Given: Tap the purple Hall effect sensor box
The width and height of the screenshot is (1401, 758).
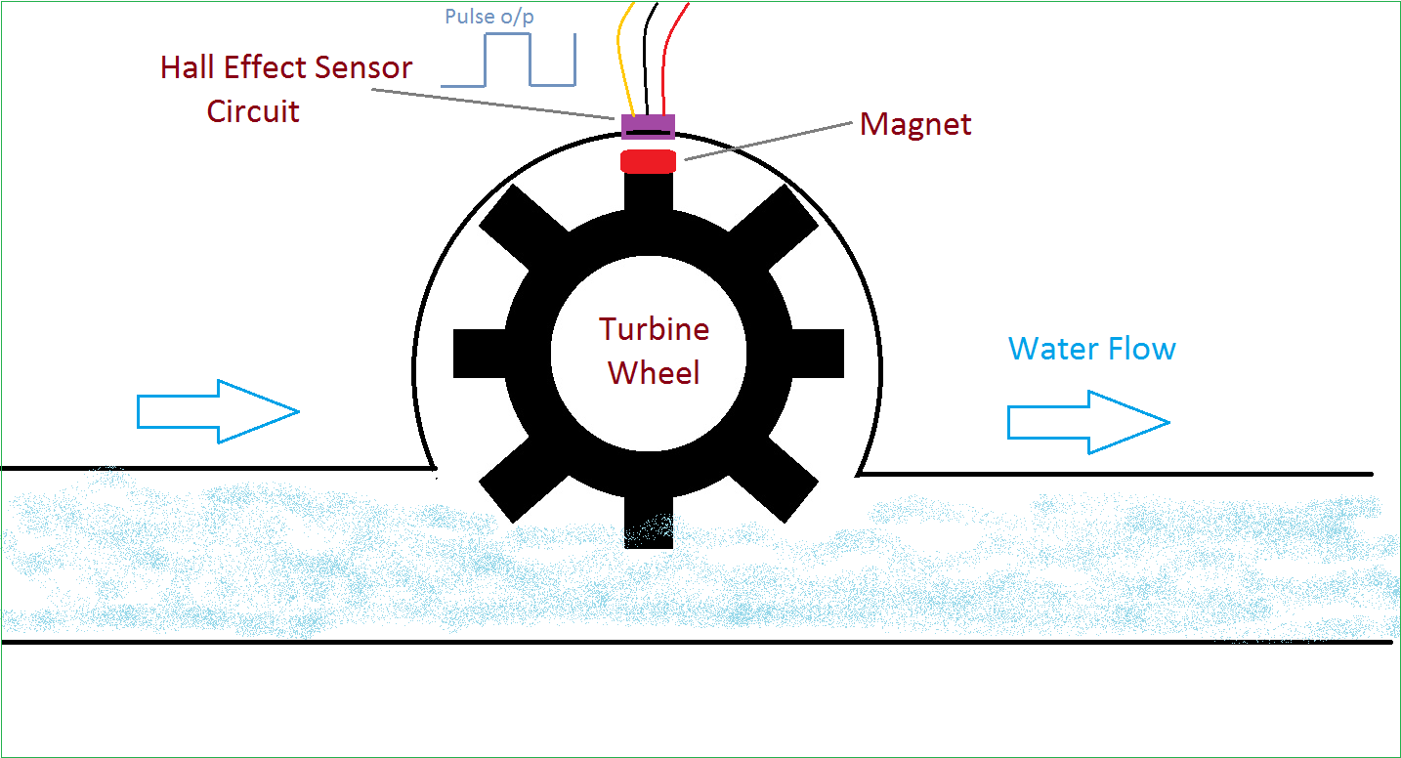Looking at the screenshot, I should [x=648, y=127].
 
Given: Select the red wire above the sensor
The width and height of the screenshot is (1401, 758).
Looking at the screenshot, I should [x=671, y=59].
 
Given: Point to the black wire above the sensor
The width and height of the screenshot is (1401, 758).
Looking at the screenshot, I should [x=646, y=59].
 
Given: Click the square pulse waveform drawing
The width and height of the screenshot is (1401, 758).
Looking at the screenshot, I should [x=508, y=62].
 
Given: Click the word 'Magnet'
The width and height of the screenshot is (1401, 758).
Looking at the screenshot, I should [x=915, y=125].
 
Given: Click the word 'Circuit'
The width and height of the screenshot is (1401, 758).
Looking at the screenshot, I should [x=253, y=110].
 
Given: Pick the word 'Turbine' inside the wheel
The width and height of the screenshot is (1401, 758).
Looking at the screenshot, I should [x=655, y=329].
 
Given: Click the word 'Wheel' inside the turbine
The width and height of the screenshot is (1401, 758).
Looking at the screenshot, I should [x=654, y=372].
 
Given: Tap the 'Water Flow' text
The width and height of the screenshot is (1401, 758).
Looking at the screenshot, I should [x=1091, y=349].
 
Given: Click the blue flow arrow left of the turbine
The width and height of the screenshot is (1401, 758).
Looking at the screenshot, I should [x=217, y=411].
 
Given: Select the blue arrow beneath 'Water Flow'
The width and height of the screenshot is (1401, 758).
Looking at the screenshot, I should [x=1087, y=422].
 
